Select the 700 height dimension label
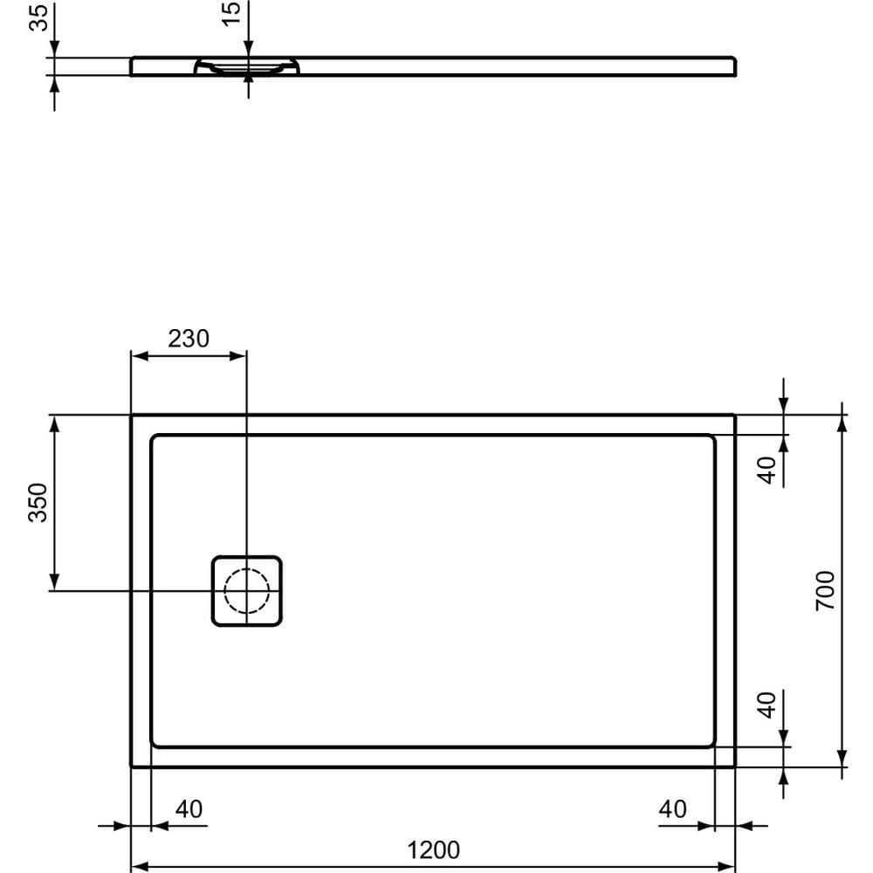825,590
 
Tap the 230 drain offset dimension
189,339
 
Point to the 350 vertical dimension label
38,503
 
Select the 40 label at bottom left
189,809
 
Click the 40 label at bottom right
672,809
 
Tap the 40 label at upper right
766,471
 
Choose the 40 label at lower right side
766,705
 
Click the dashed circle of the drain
247,591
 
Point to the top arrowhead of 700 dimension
842,422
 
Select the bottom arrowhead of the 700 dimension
842,760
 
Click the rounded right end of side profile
735,66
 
